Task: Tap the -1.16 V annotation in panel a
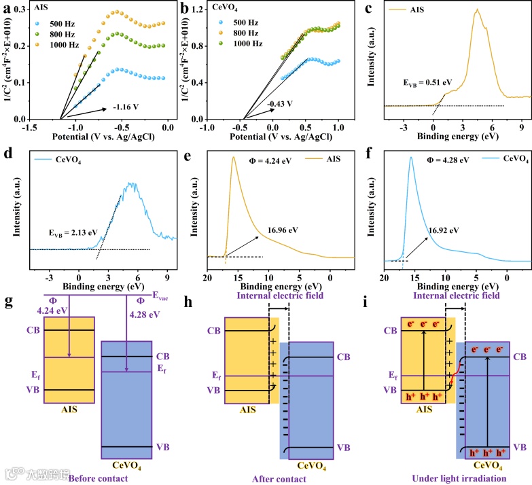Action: coord(122,107)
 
